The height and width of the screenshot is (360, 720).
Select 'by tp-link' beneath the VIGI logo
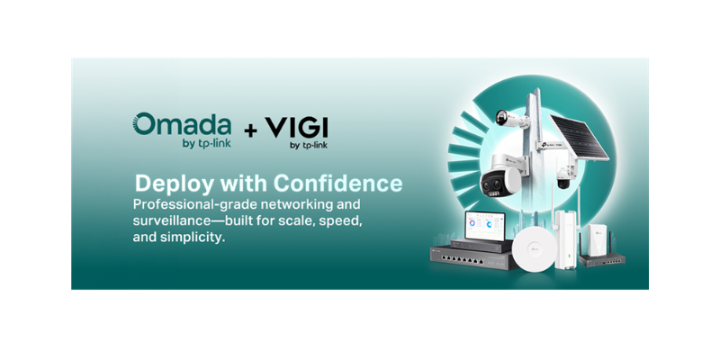tap(306, 144)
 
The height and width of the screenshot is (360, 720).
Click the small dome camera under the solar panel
tap(564, 176)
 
